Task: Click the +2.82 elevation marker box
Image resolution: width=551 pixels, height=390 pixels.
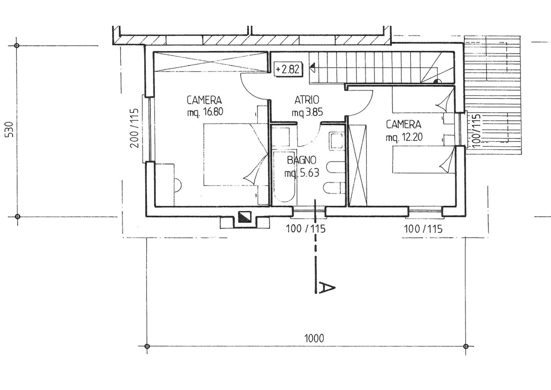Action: [287, 69]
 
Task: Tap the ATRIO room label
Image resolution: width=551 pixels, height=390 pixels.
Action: [306, 100]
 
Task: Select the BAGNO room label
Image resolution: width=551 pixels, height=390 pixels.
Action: [302, 160]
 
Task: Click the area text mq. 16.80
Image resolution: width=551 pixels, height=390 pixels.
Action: [205, 112]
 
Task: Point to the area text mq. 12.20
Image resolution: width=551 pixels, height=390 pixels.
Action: [404, 137]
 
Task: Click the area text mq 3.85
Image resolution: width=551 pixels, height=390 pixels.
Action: [307, 112]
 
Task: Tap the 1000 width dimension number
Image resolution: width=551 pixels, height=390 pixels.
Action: [314, 338]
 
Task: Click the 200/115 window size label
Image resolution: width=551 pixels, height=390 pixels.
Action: [134, 128]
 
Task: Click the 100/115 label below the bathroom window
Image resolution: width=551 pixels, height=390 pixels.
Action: [305, 229]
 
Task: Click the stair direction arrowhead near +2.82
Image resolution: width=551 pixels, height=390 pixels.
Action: [312, 68]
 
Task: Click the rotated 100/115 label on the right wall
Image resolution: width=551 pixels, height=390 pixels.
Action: [476, 129]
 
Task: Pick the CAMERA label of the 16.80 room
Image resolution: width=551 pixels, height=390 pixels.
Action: [204, 100]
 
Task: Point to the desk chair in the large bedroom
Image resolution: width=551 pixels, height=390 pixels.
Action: [177, 185]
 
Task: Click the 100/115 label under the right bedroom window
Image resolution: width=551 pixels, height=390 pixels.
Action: [423, 229]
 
